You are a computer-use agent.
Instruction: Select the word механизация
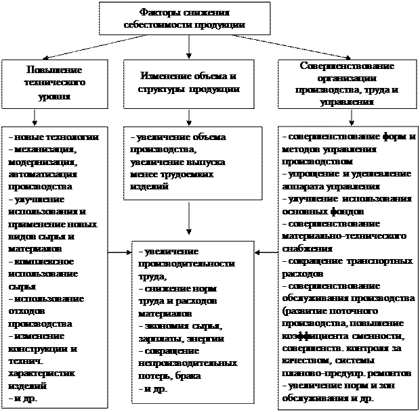pos(44,150)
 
